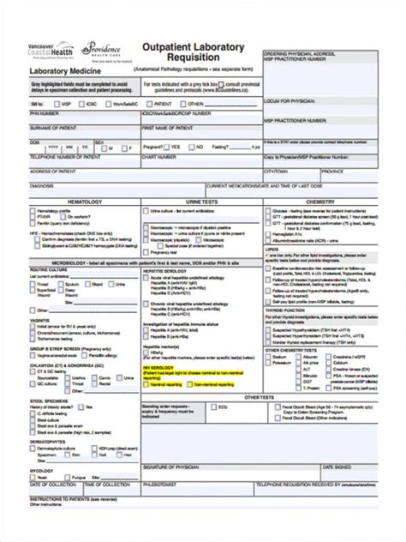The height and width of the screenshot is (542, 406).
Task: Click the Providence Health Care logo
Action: (103, 48)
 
